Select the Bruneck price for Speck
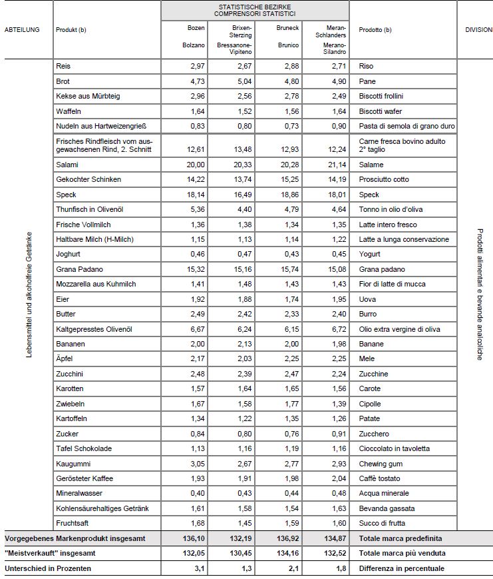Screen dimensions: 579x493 (288, 195)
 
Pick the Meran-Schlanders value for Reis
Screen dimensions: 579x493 (337, 67)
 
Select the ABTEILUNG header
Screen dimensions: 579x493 (23, 29)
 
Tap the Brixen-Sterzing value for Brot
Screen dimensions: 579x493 (242, 81)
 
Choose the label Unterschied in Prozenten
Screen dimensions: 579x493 (48, 568)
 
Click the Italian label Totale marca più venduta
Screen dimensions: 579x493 (402, 553)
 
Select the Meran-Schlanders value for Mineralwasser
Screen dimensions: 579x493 (337, 494)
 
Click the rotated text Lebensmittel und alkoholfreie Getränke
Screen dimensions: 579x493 (29, 294)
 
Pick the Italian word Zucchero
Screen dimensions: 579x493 (373, 434)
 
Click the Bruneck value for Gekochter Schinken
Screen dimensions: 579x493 (288, 179)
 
